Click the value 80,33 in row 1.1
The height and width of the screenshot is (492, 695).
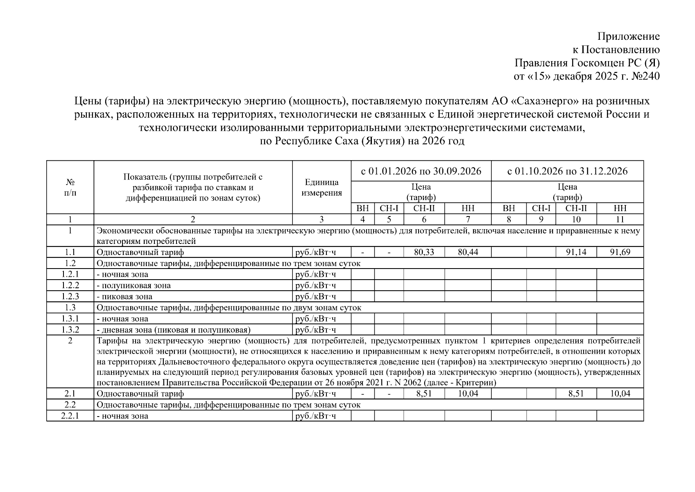424,252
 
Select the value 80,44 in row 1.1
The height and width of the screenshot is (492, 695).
468,252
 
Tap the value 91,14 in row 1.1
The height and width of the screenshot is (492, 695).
576,252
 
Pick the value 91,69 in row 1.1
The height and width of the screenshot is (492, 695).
620,252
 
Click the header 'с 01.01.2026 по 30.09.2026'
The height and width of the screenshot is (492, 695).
421,171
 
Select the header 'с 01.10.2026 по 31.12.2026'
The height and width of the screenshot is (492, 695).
567,171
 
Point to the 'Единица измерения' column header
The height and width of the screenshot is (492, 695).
321,187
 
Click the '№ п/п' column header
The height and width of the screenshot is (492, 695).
70,187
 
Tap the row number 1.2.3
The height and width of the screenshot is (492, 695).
70,296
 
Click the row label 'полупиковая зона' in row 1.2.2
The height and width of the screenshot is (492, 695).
135,285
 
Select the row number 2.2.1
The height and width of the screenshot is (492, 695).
70,416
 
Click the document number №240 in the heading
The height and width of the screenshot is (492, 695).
646,76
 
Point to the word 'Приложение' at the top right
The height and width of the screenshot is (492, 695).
629,36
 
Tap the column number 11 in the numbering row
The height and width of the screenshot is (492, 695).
620,219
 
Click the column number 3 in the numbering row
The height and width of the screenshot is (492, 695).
321,219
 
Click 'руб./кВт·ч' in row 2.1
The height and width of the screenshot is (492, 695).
315,394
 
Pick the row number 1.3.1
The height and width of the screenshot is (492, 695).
70,319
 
